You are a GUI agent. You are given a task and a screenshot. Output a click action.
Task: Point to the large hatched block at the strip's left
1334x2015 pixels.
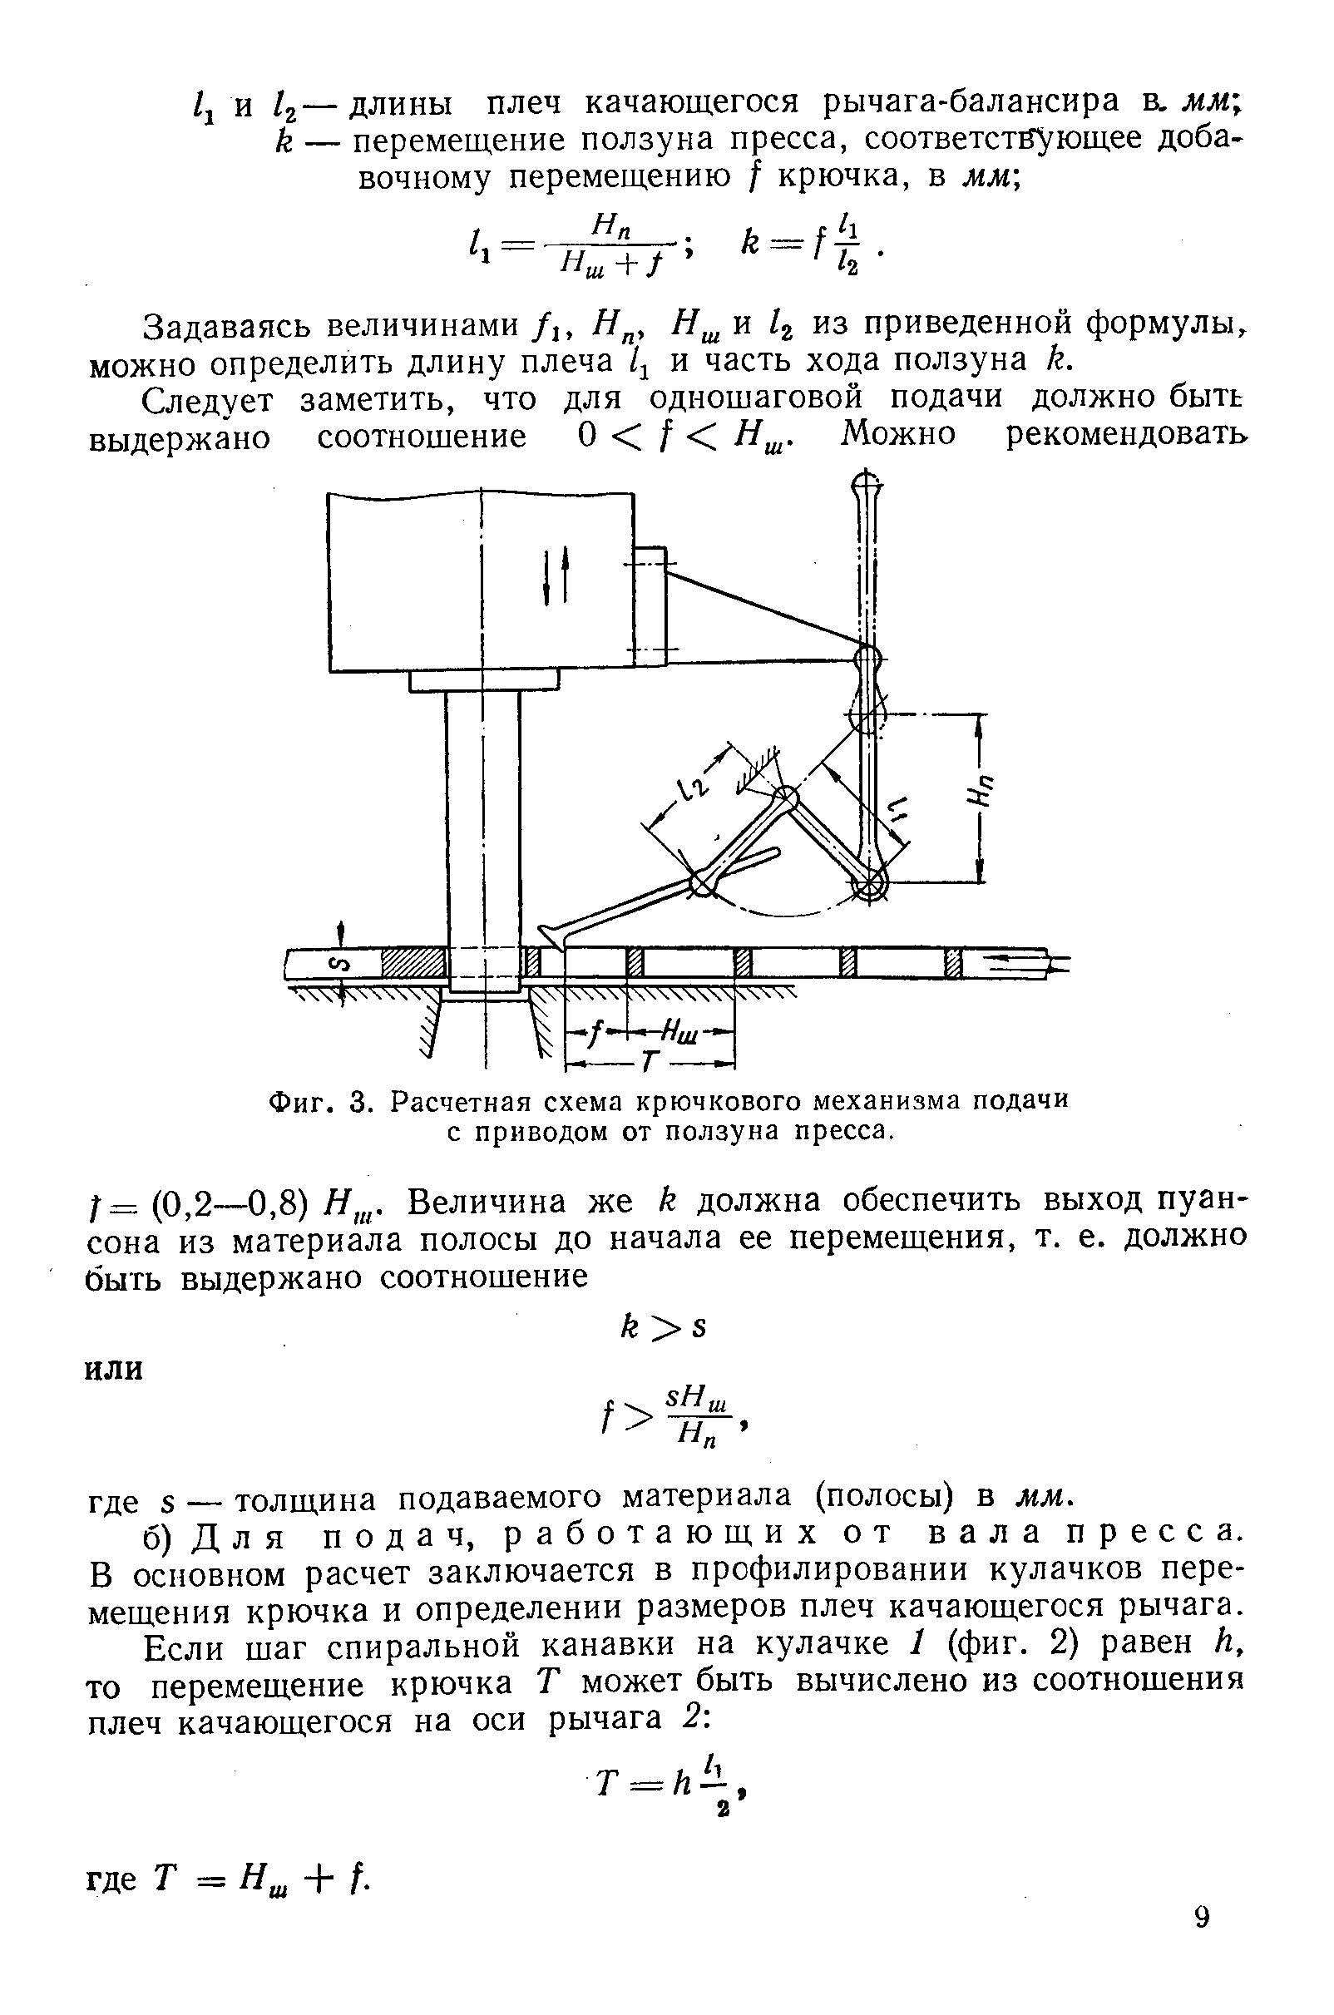pos(413,964)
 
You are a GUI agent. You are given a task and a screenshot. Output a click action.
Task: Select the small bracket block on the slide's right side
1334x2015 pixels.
pos(650,605)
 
